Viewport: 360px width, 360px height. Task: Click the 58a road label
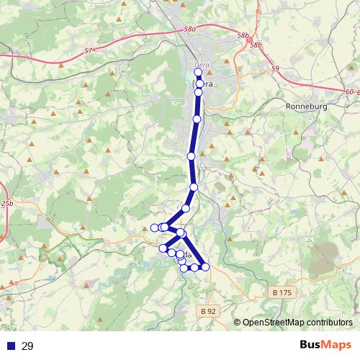click(x=190, y=29)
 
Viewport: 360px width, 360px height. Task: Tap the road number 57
click(x=89, y=51)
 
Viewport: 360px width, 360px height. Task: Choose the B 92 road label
click(x=207, y=311)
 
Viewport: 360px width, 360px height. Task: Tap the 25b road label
click(x=7, y=204)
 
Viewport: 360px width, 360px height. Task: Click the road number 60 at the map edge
click(x=349, y=92)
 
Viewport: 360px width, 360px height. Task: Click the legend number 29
click(x=28, y=346)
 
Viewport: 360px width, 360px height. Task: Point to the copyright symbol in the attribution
click(x=237, y=323)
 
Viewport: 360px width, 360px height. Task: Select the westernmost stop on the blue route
click(x=155, y=228)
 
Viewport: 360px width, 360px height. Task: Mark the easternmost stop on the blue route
click(x=205, y=267)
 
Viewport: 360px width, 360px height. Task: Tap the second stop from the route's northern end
click(x=199, y=84)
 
